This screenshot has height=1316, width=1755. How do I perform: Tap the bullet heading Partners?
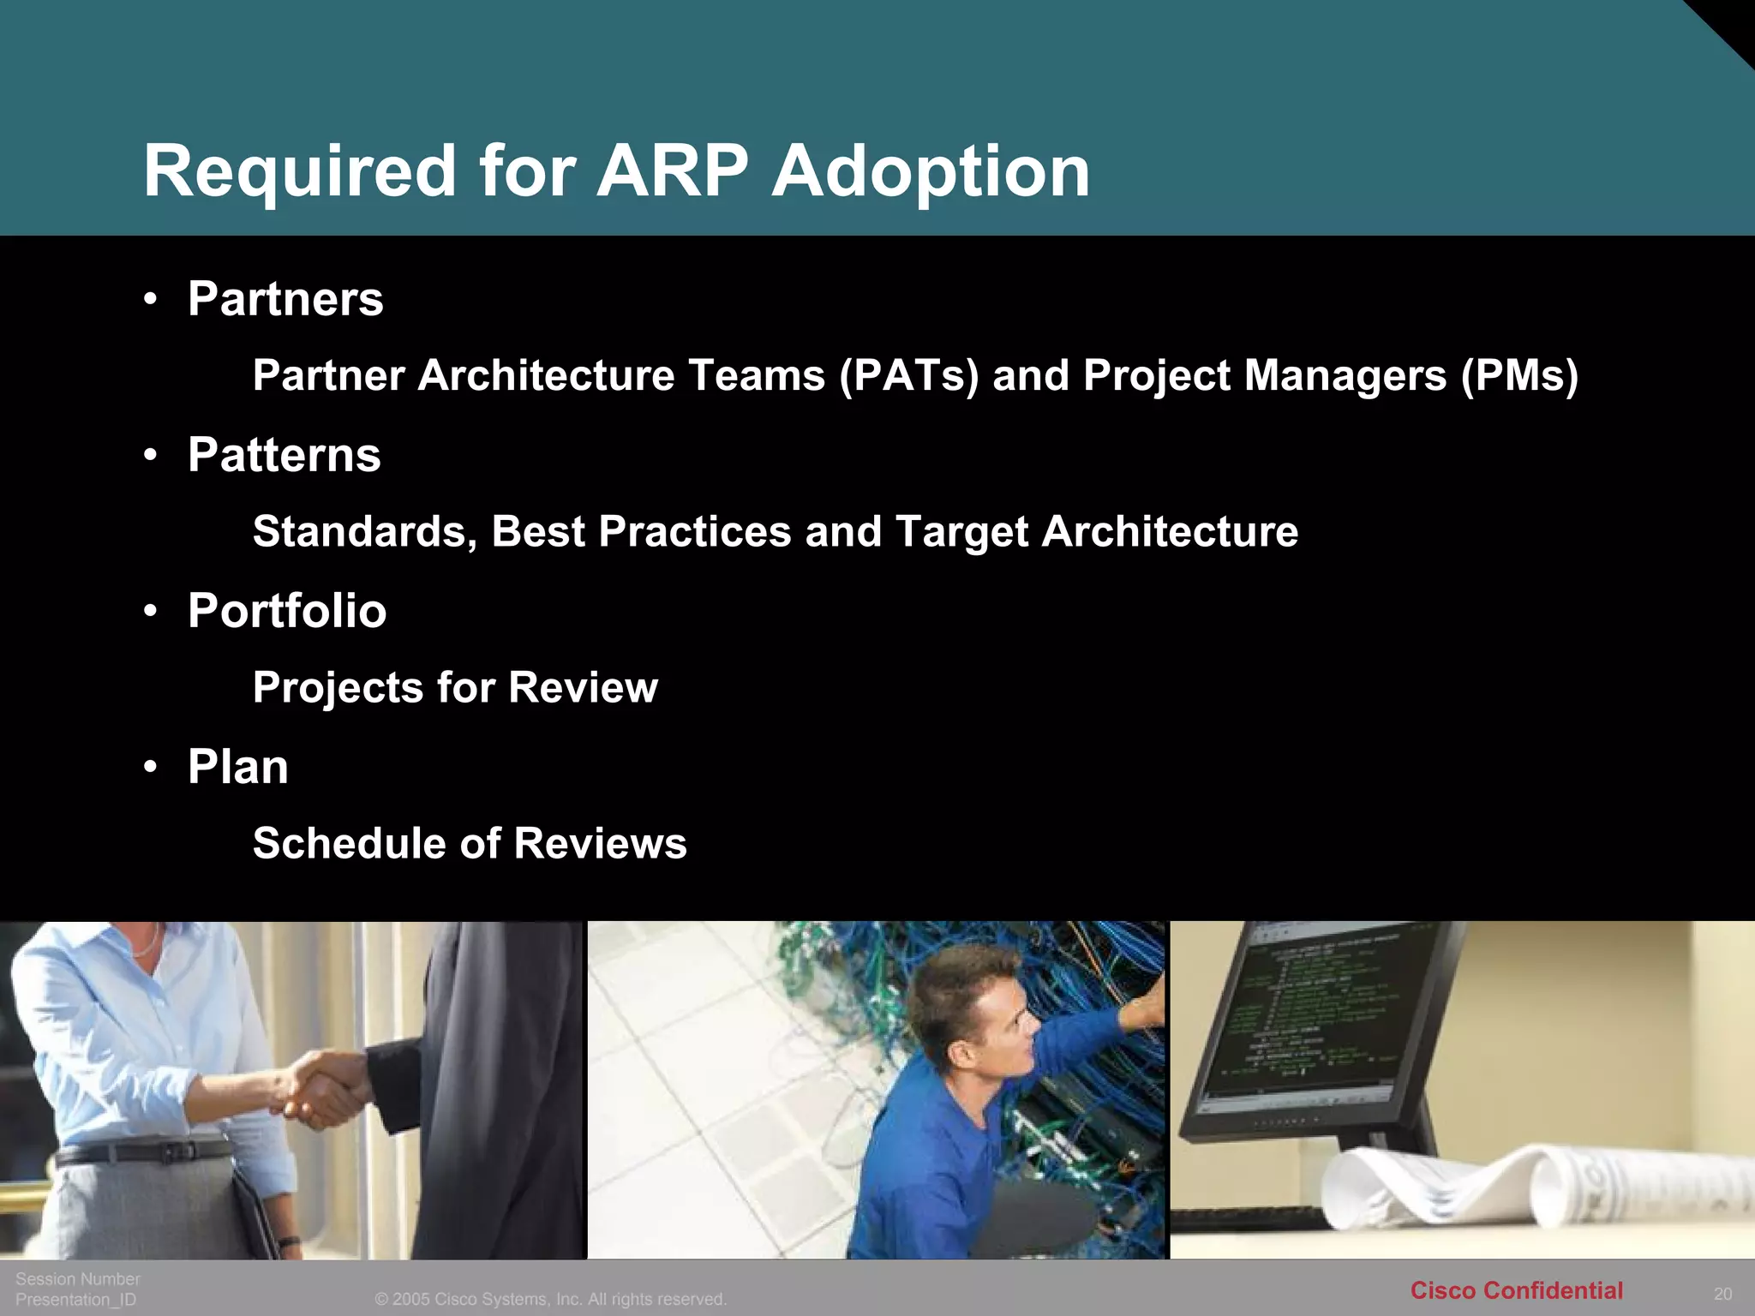click(x=285, y=299)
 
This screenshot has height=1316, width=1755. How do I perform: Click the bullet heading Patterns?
click(x=284, y=455)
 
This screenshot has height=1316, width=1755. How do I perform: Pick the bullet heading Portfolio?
click(x=287, y=611)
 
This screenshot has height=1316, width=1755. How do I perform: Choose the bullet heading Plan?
click(x=237, y=767)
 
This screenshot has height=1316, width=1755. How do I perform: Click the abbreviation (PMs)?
click(x=1519, y=375)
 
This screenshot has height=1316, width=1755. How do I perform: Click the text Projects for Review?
click(x=455, y=687)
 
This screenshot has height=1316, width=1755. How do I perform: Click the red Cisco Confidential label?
click(x=1516, y=1290)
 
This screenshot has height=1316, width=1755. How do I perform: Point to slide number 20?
click(x=1722, y=1294)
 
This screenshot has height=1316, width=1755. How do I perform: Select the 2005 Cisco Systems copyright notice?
click(x=551, y=1299)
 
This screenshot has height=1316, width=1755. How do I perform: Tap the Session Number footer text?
click(x=77, y=1278)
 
